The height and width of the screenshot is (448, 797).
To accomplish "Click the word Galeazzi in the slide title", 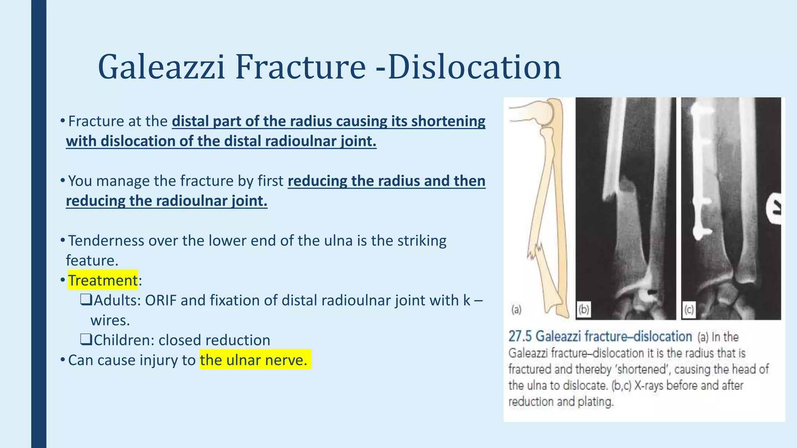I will coord(162,67).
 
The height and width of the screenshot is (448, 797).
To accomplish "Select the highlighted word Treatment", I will coord(103,280).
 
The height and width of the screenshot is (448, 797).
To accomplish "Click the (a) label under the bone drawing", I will coord(516,310).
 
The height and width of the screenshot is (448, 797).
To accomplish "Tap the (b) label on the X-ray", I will coord(584,310).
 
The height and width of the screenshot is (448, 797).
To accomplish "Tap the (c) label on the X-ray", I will coord(689,310).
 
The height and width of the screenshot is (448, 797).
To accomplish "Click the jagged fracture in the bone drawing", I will coord(535,251).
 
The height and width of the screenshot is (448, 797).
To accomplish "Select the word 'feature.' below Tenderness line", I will coord(92,261).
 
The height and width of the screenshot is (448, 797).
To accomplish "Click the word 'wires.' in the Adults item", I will coord(110,320).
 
